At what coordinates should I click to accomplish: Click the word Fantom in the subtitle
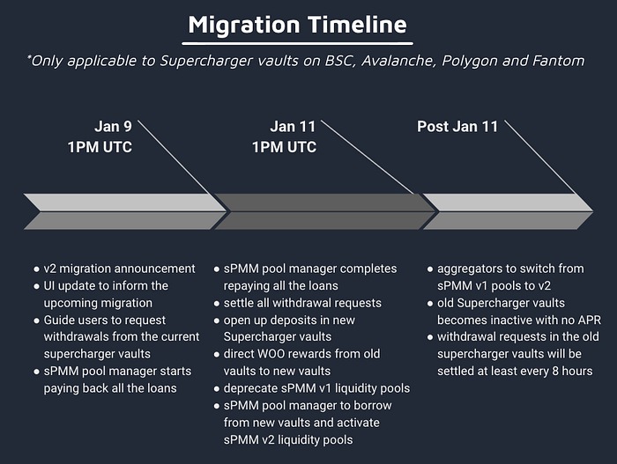[x=560, y=61]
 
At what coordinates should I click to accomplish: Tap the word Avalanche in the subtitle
[x=393, y=61]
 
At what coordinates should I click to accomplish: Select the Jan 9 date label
[x=114, y=126]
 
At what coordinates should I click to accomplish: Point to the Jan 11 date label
[x=294, y=126]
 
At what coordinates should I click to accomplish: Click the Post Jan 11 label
[x=457, y=126]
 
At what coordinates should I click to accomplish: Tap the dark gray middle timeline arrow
[x=323, y=211]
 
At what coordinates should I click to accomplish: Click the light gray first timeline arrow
[x=123, y=211]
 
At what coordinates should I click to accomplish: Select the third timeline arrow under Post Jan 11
[x=507, y=211]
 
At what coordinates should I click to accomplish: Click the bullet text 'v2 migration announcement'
[x=120, y=269]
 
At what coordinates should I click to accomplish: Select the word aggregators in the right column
[x=472, y=269]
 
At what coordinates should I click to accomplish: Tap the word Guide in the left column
[x=61, y=320]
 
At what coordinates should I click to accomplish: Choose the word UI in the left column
[x=52, y=285]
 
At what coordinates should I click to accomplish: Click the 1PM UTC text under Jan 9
[x=100, y=147]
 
